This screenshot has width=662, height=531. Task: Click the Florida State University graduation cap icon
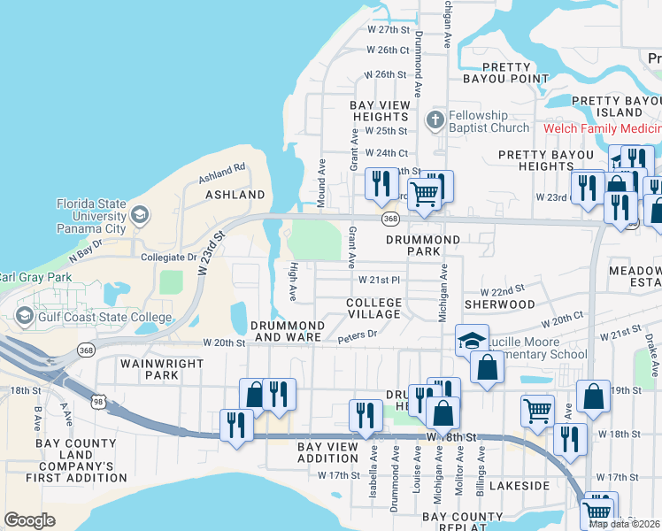tap(140, 214)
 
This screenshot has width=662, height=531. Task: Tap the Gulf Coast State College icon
tap(25, 316)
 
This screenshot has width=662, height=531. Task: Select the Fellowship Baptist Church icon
tap(435, 119)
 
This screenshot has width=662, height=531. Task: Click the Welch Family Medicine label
tap(602, 128)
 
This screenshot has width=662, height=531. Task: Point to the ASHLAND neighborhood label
tap(235, 194)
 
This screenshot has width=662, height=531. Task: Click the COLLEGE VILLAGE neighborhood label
tap(373, 309)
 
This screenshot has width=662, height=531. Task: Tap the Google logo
tap(29, 520)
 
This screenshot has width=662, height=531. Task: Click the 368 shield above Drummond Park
tap(389, 218)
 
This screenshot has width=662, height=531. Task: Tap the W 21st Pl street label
tap(380, 280)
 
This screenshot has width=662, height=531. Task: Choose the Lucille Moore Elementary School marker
tap(472, 340)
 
